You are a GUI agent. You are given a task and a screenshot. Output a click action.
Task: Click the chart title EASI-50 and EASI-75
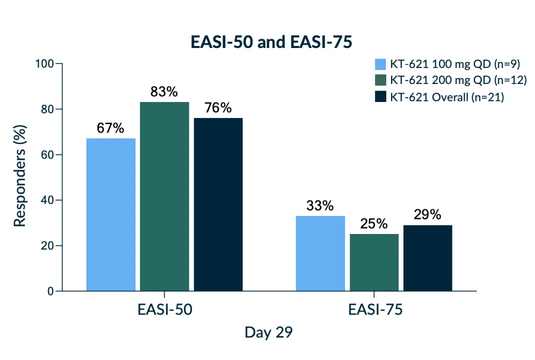271,42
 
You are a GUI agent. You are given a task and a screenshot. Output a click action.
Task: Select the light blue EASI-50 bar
111,214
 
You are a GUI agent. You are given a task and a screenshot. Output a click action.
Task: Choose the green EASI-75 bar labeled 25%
374,262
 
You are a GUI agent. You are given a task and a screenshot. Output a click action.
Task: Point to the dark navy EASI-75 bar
427,257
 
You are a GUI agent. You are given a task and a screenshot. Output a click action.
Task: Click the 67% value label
110,128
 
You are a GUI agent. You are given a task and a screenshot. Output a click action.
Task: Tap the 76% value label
218,108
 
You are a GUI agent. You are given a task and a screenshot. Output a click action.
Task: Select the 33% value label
320,206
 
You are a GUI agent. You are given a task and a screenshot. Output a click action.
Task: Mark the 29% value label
427,215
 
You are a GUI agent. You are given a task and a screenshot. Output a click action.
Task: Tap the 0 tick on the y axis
51,291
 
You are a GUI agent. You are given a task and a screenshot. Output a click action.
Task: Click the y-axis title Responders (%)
19,176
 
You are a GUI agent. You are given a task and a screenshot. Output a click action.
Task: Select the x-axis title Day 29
268,332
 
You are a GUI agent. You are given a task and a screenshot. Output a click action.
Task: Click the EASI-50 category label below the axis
165,310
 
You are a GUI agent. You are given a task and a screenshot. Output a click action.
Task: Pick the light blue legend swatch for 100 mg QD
381,64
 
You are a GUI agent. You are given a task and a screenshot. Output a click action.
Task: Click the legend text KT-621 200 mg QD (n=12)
458,80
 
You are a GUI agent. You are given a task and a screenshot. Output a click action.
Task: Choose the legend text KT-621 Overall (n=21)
447,97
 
